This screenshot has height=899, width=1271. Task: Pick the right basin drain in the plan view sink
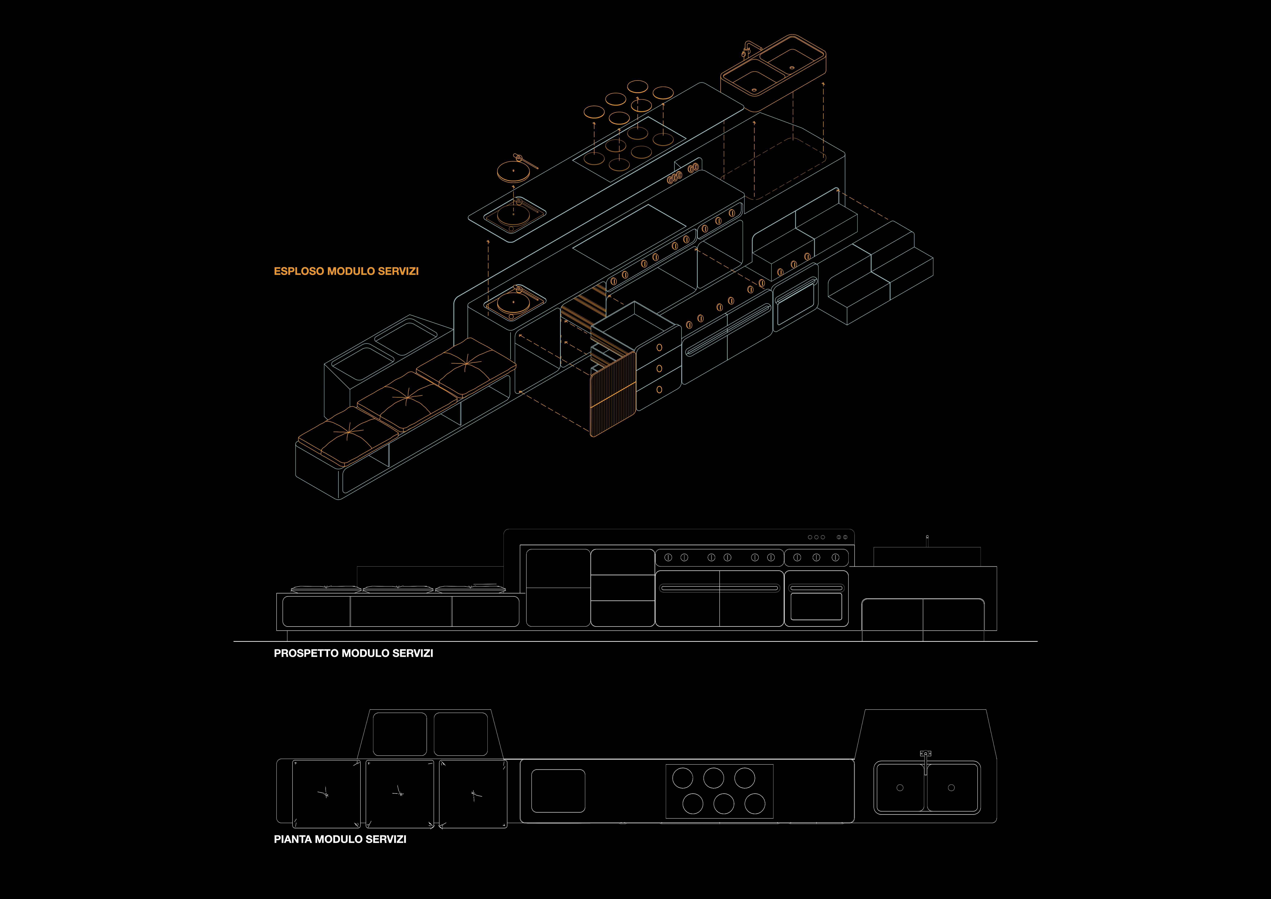[951, 788]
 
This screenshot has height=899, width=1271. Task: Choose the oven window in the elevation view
[816, 606]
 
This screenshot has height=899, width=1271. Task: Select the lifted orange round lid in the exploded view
[513, 171]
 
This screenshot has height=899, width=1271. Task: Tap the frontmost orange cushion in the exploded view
[348, 435]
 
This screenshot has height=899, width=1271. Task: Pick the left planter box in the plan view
[400, 734]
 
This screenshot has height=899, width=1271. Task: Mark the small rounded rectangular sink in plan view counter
[558, 790]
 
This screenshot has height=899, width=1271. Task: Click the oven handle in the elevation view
[816, 588]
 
